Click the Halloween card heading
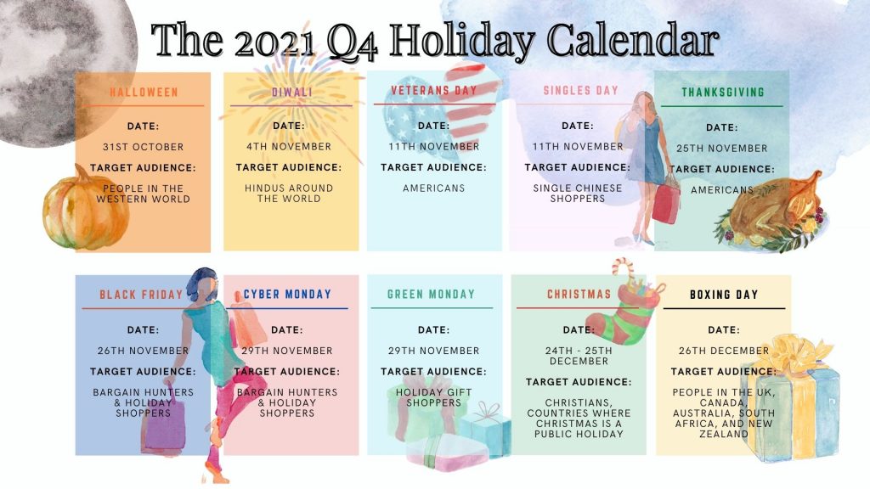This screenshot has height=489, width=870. tap(144, 92)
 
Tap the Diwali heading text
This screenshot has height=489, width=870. tap(292, 92)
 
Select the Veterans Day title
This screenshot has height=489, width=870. tap(434, 90)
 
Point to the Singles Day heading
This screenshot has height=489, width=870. tap(580, 90)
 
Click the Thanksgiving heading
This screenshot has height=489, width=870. tap(723, 92)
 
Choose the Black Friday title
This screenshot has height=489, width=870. tap(141, 295)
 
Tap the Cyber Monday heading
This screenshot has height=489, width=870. tap(287, 294)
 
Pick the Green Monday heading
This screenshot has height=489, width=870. tap(431, 294)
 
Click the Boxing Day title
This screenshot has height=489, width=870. tap(724, 295)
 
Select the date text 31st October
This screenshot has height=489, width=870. tap(143, 147)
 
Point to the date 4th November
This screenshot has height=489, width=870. tap(289, 146)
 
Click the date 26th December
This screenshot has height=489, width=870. tap(724, 351)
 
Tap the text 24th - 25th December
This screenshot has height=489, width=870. tap(579, 356)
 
